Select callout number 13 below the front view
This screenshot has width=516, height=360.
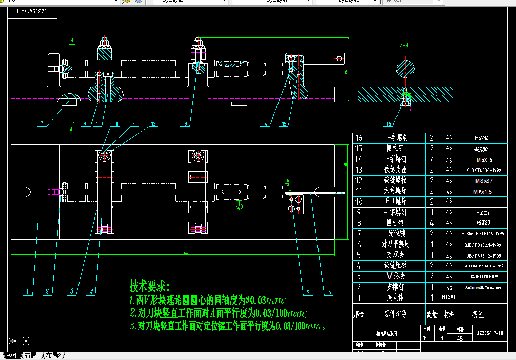click(185, 123)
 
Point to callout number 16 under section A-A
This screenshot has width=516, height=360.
click(388, 124)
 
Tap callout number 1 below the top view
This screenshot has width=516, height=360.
click(29, 292)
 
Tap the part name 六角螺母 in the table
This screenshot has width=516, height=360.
click(396, 191)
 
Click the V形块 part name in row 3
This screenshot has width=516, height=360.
click(396, 276)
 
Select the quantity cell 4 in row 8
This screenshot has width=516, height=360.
click(432, 223)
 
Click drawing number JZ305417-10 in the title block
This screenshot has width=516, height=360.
click(490, 333)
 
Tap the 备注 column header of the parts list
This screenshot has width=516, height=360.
click(478, 314)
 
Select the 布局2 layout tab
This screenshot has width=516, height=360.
click(54, 356)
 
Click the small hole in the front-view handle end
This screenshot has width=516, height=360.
click(338, 59)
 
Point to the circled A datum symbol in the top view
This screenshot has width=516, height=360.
click(240, 206)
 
